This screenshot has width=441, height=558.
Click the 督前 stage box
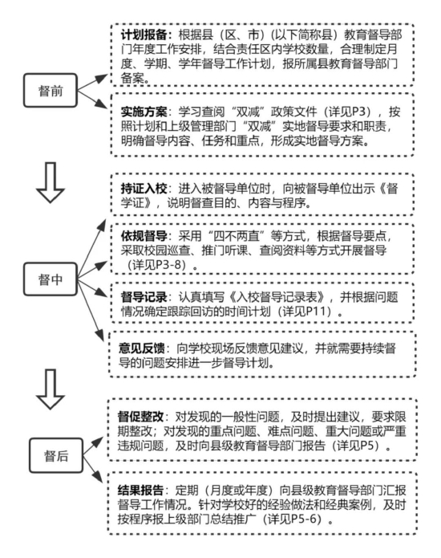point(51,91)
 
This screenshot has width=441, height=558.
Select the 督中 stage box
point(51,279)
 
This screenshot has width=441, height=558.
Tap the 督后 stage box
point(56,455)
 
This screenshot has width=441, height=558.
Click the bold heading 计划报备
point(144,35)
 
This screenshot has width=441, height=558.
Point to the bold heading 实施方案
point(144,112)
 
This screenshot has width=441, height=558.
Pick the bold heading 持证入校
point(144,189)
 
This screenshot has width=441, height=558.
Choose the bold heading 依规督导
point(144,236)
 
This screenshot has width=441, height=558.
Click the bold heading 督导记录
point(144,297)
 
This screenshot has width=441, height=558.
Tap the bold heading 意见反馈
point(142,348)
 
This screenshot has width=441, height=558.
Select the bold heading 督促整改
point(141,417)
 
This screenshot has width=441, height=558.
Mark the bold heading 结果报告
point(141,491)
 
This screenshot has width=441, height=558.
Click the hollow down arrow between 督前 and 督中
point(51,182)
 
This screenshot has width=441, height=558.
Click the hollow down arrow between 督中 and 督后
point(51,389)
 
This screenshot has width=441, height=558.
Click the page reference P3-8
point(166,265)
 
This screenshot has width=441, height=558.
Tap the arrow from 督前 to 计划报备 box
point(92,82)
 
